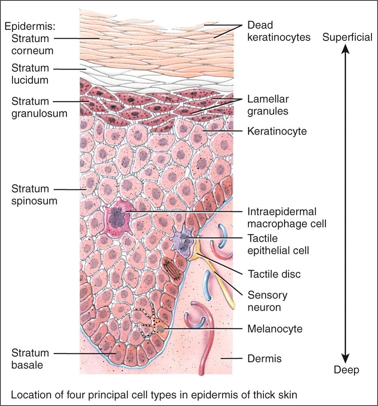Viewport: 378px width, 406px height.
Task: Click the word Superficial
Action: tap(347, 38)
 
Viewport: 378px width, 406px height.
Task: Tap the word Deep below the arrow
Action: tap(346, 370)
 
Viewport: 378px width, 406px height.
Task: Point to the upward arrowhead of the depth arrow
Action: tap(345, 49)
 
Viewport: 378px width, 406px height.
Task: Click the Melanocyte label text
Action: tap(275, 329)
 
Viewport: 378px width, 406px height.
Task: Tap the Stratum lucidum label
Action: tap(30, 74)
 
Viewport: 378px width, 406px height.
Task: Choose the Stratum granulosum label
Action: tap(39, 107)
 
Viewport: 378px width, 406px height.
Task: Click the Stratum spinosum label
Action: tap(34, 195)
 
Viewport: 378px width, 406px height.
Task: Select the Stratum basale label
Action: tap(30, 359)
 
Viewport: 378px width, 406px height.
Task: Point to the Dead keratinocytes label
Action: tap(279, 31)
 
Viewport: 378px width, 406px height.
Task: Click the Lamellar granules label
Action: tap(268, 105)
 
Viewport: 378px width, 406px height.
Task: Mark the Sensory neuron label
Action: tap(267, 301)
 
